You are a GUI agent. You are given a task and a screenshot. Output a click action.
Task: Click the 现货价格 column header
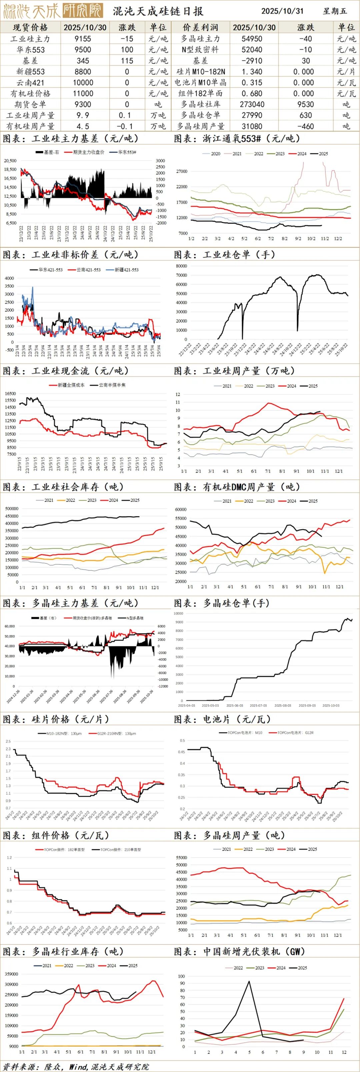coord(30,27)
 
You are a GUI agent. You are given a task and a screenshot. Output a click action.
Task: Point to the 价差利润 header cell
coord(200,27)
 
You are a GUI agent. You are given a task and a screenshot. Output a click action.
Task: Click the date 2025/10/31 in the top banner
coord(282,11)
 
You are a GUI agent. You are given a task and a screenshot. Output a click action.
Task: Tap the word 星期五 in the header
coord(335,11)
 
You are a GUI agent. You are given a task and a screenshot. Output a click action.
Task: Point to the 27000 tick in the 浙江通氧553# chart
coord(182,171)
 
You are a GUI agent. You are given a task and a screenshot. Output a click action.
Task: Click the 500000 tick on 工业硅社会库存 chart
coord(11,509)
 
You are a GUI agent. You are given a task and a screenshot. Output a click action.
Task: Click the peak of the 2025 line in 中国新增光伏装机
coord(249,981)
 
